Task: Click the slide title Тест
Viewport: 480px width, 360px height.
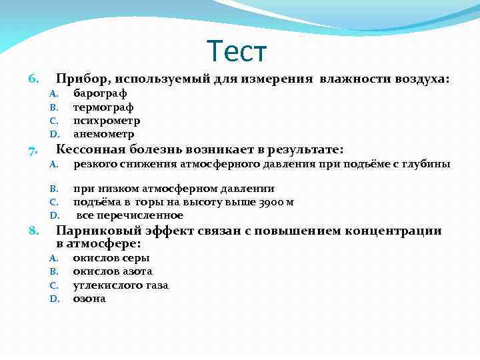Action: point(237,51)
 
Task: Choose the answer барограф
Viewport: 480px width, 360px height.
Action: point(100,93)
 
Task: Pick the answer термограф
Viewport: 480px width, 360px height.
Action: point(103,107)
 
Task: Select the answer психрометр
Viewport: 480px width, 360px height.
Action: point(107,121)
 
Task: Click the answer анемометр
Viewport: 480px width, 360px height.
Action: point(103,134)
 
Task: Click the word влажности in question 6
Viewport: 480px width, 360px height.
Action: point(348,79)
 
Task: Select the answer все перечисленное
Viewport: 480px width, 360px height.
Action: point(129,215)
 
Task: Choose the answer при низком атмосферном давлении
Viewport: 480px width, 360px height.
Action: point(173,189)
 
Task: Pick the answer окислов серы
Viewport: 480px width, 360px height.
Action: point(111,258)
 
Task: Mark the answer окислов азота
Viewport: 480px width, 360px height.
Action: point(113,271)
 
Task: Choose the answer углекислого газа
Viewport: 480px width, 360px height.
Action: point(121,285)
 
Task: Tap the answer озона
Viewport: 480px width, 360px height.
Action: point(89,299)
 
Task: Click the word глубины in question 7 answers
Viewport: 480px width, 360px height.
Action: point(428,164)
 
